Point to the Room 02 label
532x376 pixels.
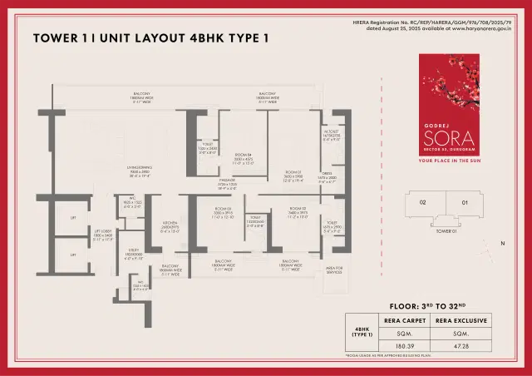[x=298, y=209]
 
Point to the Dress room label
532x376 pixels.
[x=328, y=174]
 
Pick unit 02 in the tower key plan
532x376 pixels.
[x=422, y=202]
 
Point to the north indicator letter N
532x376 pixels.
[x=502, y=243]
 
